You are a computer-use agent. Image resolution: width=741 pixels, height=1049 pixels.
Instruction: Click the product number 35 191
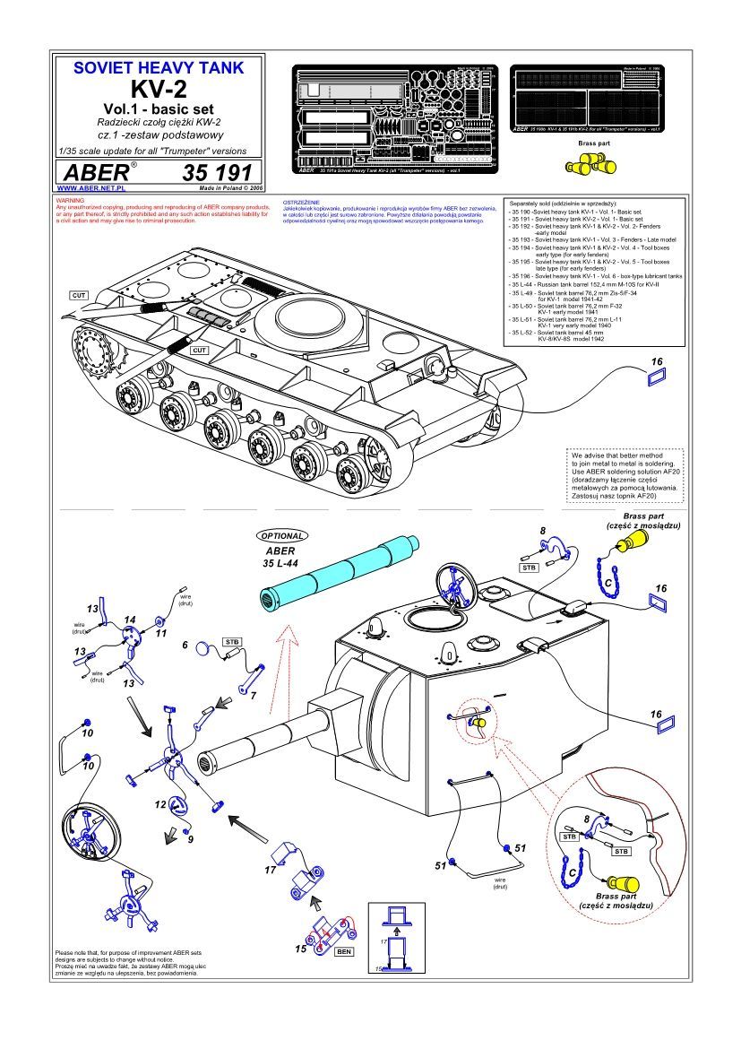220,172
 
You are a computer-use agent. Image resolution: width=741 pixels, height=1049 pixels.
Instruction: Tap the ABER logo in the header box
94,172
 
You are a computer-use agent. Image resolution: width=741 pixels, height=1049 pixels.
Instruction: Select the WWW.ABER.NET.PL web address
90,189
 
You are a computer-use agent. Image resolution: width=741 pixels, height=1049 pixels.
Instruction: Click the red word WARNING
70,200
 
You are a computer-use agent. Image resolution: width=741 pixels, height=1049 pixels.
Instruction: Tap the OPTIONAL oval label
282,535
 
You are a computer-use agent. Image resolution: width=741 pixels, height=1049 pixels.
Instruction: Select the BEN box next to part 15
342,951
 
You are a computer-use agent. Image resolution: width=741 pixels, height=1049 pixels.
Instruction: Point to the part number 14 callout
130,620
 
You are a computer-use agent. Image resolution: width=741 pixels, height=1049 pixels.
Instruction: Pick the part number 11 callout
162,633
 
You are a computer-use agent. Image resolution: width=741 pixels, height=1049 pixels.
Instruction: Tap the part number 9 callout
190,839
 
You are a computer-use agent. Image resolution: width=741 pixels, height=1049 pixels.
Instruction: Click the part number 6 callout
185,645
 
